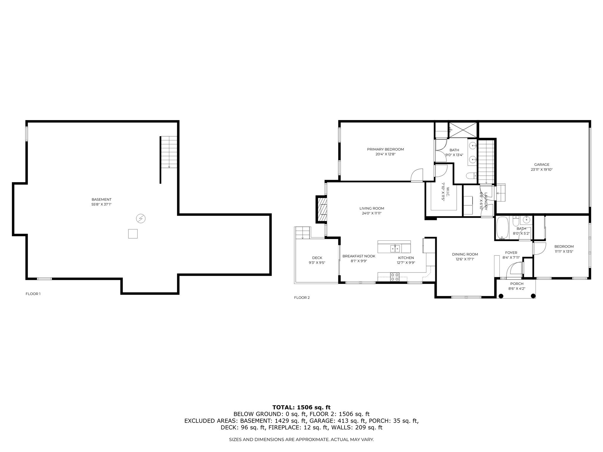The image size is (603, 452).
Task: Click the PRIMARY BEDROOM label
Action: [x=385, y=149]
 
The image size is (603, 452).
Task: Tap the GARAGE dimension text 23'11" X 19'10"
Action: [x=542, y=169]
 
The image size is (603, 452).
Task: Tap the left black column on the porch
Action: [x=501, y=296]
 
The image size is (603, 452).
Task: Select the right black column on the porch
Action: [x=533, y=296]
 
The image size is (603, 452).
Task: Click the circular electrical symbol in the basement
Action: [x=141, y=218]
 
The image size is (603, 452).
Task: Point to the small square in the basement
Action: [x=133, y=234]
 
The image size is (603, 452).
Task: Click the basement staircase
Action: [x=169, y=152]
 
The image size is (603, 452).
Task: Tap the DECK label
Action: [x=317, y=258]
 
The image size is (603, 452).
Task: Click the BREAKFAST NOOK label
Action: [x=359, y=256]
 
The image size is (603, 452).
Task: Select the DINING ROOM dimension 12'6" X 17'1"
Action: [x=465, y=259]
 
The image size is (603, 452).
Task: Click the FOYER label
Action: [x=511, y=252]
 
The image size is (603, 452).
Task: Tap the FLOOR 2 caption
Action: [x=302, y=298]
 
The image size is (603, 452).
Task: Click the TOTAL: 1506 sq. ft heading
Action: [x=301, y=407]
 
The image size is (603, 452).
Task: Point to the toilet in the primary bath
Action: [x=471, y=176]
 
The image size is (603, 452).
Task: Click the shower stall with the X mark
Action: [x=462, y=130]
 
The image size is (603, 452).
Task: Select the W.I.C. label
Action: [x=447, y=190]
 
